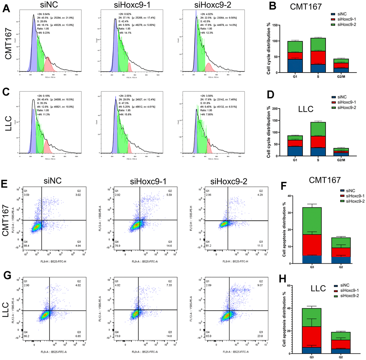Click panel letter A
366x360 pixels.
6,8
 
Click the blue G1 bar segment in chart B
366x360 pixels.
295,66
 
